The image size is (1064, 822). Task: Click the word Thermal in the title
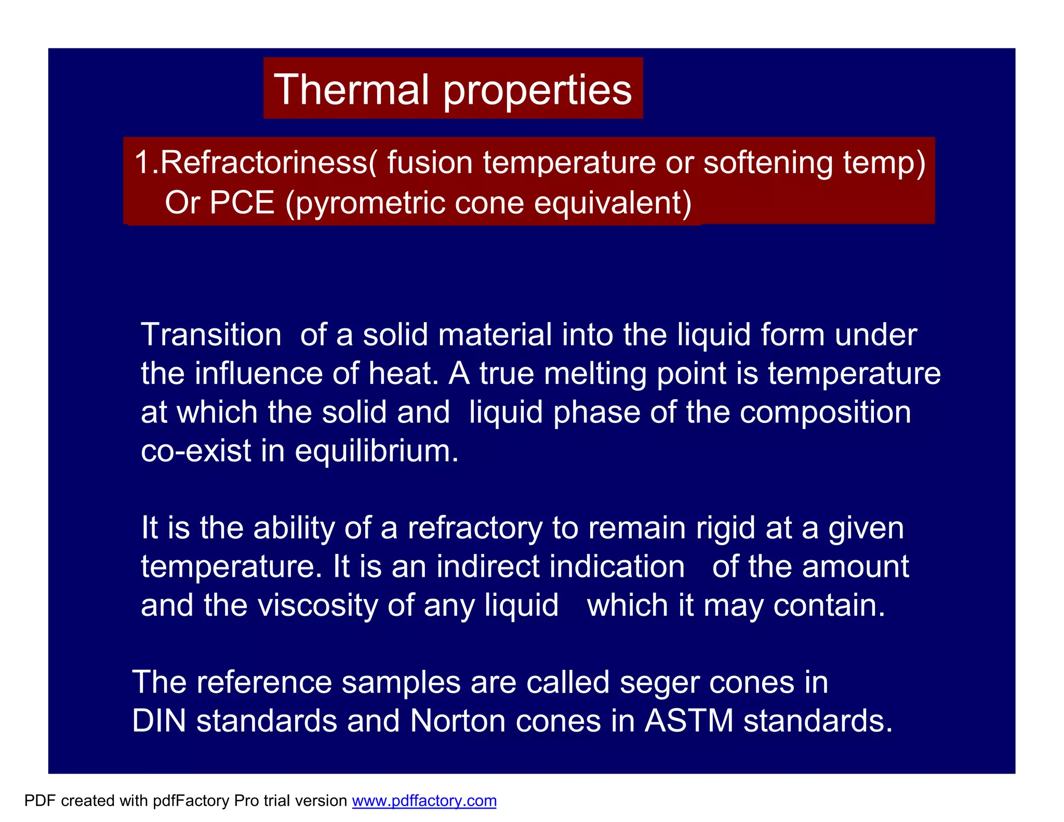pos(351,89)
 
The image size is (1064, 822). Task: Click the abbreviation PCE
pos(242,202)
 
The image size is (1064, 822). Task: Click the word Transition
pos(211,335)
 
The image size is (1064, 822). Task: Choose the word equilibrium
pos(377,451)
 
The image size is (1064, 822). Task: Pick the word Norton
pos(457,721)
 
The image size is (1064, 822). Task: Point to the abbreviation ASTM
pos(689,721)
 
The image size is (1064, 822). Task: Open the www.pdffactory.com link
pos(424,801)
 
